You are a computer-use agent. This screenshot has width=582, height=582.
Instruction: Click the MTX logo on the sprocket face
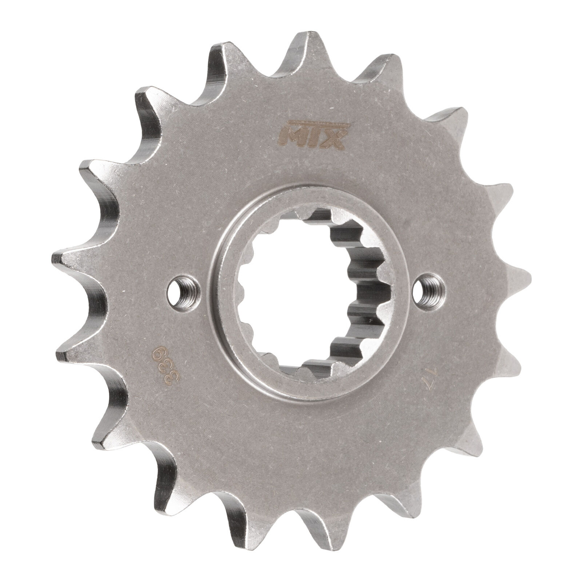tap(312, 141)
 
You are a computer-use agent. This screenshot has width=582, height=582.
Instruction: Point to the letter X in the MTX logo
tap(332, 143)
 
